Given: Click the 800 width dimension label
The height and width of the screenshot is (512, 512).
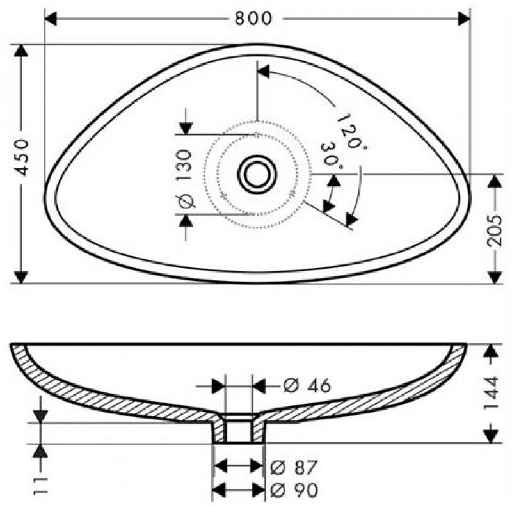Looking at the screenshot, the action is pos(253,19).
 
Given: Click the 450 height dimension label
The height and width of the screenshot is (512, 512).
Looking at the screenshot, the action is pos(22,157).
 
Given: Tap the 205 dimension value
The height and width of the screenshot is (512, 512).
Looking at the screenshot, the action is pos(493,230).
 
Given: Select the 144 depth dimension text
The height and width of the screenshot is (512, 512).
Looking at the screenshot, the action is pos(491,392).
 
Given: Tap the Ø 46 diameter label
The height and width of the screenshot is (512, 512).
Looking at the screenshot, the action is pos(307,386).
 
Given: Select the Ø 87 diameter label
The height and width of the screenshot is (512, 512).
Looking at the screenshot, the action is pos(294,467).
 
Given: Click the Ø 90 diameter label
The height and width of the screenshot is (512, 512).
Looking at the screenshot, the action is pos(294,490).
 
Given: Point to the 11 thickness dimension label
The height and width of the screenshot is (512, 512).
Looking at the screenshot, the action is pos(40,486).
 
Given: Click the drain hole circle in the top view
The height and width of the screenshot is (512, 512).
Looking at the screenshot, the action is pos(257,174).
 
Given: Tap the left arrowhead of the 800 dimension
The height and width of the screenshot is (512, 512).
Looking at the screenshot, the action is pos(51,19).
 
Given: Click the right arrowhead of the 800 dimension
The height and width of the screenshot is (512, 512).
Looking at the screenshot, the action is pos(463,19).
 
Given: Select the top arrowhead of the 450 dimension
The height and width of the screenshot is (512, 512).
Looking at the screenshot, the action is pos(21,51).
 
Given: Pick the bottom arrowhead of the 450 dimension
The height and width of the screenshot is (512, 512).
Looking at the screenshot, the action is pos(21,277).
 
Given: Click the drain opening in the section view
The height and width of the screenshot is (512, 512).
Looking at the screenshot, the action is pos(239,428).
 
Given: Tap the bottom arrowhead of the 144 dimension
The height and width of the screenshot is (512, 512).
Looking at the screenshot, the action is pos(490,436).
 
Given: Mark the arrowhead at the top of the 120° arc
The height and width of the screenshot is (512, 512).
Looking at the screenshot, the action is pos(264,72).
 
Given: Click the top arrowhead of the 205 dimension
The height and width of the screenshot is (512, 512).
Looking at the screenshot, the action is pos(494,181).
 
